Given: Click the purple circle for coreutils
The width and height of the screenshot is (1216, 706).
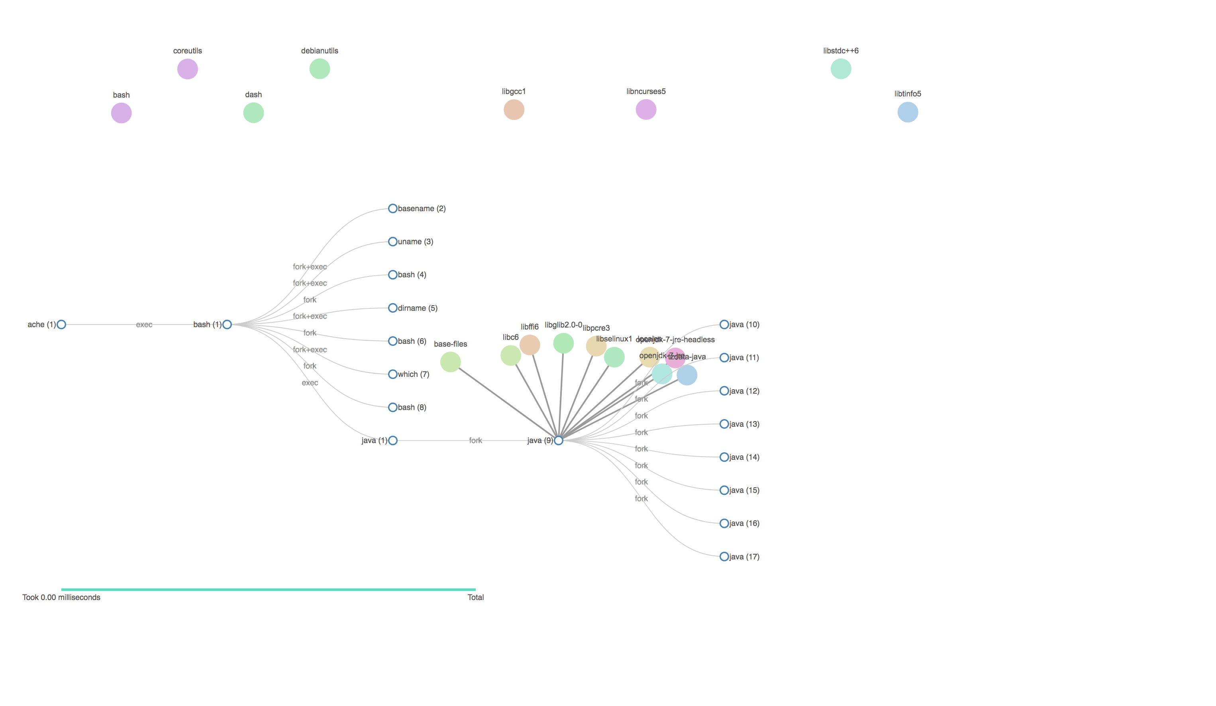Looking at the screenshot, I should tap(187, 69).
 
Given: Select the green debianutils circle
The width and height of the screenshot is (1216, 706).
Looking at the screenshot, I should tap(320, 69).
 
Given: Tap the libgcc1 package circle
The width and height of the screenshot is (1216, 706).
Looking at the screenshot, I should tap(514, 110).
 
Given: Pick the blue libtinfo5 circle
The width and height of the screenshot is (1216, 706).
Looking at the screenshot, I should tap(908, 112).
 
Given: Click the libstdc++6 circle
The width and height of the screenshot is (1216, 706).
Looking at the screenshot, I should tap(841, 69).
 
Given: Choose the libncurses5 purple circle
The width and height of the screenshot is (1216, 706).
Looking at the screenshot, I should tap(645, 110).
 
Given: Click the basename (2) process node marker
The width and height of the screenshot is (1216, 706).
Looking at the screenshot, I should tap(393, 208).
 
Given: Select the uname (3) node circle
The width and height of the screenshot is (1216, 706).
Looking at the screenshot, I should tap(393, 242).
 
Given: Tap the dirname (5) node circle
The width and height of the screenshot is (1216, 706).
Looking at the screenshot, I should tap(393, 308).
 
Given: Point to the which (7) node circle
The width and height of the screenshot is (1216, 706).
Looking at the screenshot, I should tap(393, 374).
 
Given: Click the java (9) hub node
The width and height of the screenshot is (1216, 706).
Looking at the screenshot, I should tap(558, 441).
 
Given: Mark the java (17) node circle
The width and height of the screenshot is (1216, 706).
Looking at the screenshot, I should tap(724, 557).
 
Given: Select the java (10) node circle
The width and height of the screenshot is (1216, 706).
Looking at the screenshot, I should tap(724, 325).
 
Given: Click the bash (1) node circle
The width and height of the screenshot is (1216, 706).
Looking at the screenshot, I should tap(227, 325).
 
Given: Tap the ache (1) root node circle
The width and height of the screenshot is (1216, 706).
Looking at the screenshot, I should tap(61, 325).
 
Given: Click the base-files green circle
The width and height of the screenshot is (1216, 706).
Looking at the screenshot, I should tap(450, 362).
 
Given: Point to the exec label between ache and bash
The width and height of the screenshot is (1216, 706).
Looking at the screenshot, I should tap(144, 325).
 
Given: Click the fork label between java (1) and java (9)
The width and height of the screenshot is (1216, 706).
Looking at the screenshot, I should tap(475, 441).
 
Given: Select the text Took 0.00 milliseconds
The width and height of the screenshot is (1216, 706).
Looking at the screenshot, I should tap(61, 597).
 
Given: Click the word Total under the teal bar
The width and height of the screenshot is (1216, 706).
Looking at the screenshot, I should tap(475, 597).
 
